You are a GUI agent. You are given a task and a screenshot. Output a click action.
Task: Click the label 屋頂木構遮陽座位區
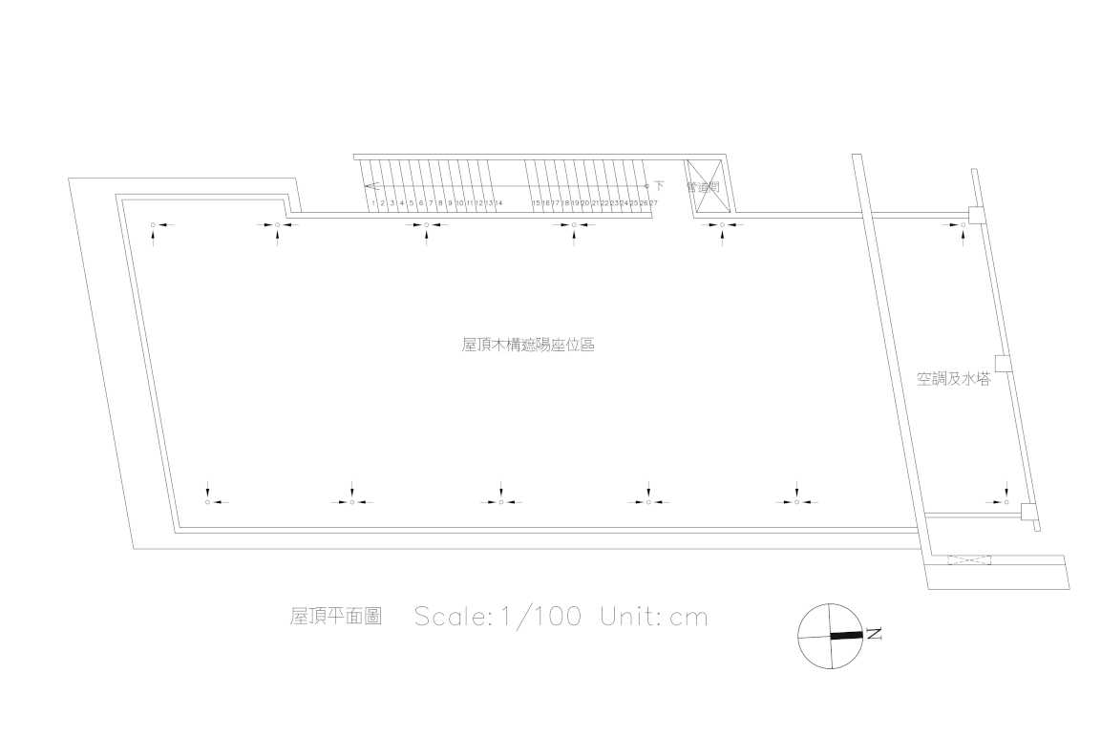pyautogui.click(x=528, y=346)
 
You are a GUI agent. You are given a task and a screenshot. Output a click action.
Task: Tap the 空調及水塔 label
pyautogui.click(x=953, y=380)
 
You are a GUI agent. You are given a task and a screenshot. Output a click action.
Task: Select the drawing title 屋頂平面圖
pyautogui.click(x=336, y=617)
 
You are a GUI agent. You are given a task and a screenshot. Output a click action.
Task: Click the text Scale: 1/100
pyautogui.click(x=498, y=617)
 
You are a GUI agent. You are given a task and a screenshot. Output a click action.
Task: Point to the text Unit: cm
pyautogui.click(x=654, y=617)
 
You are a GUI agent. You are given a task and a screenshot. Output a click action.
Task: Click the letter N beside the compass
pyautogui.click(x=874, y=633)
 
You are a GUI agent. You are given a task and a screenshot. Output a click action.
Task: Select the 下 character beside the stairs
pyautogui.click(x=659, y=185)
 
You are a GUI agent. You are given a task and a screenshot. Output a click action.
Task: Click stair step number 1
pyautogui.click(x=372, y=203)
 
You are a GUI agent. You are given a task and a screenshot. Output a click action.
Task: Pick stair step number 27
pyautogui.click(x=653, y=203)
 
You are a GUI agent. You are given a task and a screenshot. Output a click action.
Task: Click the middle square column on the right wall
pyautogui.click(x=1003, y=363)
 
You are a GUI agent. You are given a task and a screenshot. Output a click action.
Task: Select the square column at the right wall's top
pyautogui.click(x=976, y=215)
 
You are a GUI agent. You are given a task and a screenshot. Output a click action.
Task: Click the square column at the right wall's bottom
pyautogui.click(x=1028, y=512)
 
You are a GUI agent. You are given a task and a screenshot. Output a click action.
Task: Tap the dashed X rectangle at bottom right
pyautogui.click(x=968, y=559)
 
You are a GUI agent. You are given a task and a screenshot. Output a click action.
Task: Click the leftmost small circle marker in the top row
pyautogui.click(x=153, y=225)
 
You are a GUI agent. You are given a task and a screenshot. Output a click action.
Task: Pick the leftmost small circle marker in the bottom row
pyautogui.click(x=207, y=502)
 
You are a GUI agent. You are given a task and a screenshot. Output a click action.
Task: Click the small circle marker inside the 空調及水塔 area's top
pyautogui.click(x=963, y=225)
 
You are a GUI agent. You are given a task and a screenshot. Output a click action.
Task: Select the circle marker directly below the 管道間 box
pyautogui.click(x=721, y=225)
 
